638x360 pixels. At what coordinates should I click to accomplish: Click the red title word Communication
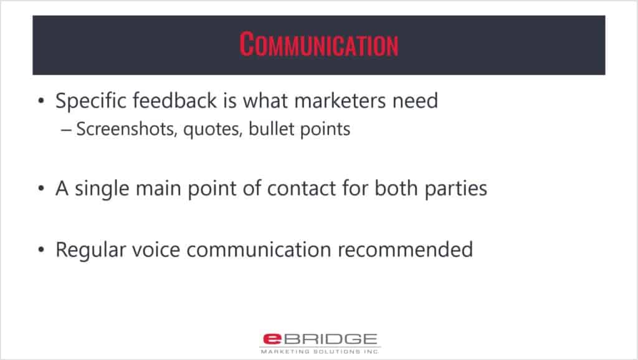tap(319, 44)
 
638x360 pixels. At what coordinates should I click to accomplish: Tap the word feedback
tap(175, 100)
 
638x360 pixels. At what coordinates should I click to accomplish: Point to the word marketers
tap(340, 100)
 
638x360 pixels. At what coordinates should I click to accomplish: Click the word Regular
tap(91, 250)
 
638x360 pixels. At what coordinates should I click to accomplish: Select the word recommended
tap(405, 249)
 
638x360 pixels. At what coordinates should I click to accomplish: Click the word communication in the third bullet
tap(259, 249)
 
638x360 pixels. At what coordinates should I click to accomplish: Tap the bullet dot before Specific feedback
tap(40, 101)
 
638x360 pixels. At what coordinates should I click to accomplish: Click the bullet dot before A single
tap(40, 189)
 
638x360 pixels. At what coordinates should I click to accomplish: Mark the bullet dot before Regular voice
tap(40, 250)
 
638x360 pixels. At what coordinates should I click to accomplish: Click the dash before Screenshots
tap(66, 130)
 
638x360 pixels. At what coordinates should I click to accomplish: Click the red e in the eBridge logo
tap(272, 339)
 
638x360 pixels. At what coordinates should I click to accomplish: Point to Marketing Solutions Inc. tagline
tap(320, 351)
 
